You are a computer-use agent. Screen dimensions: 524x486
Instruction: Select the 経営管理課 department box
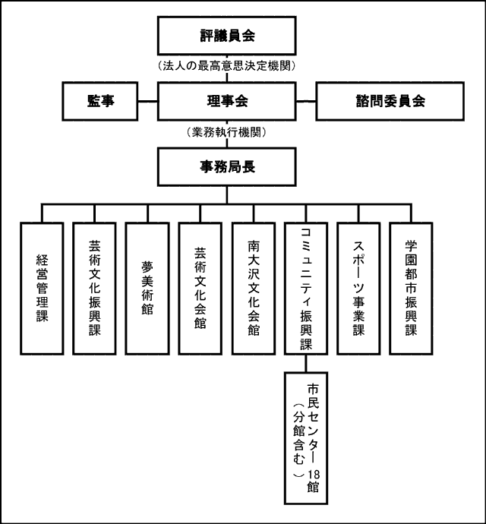[42, 289]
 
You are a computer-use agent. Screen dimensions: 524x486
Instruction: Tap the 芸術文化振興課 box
[95, 289]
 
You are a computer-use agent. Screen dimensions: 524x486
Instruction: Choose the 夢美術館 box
[147, 289]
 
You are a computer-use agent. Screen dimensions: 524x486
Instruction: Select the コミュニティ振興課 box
[306, 289]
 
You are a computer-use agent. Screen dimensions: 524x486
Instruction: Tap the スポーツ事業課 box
[358, 289]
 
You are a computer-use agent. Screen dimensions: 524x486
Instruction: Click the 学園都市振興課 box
[411, 289]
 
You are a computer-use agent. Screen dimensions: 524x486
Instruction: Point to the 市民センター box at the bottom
[306, 437]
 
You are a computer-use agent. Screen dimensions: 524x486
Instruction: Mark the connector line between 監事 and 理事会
[147, 101]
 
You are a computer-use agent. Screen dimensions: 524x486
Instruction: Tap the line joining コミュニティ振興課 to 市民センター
[306, 363]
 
